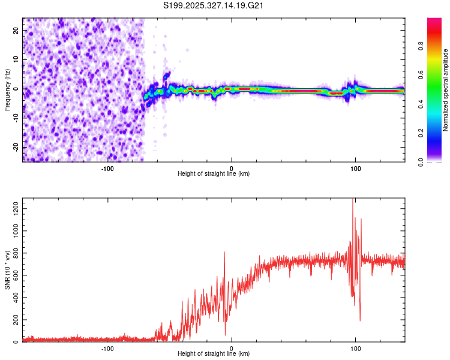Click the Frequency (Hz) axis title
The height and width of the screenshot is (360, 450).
pyautogui.click(x=7, y=89)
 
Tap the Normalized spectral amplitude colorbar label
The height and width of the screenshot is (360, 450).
pyautogui.click(x=446, y=89)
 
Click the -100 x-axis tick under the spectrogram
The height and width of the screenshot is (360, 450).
pyautogui.click(x=107, y=168)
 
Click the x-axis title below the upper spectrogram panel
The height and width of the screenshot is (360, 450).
pyautogui.click(x=214, y=174)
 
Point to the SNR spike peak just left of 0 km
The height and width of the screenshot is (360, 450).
pyautogui.click(x=224, y=252)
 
